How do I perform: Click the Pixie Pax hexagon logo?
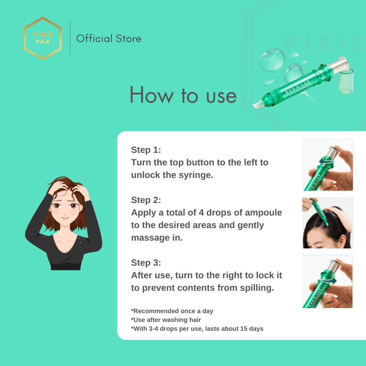pos(43,38)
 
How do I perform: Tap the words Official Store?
pos(109,39)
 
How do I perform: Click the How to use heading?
pos(183,95)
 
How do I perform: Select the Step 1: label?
pos(146,150)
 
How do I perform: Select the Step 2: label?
pos(146,200)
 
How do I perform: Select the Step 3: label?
pos(146,263)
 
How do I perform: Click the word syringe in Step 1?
pos(196,175)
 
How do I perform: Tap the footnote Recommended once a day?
pos(172,311)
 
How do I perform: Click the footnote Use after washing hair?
pos(166,320)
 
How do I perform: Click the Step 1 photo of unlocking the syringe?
pos(327,165)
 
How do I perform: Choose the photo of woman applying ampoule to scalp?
pos(327,223)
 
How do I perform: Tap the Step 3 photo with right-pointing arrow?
pos(327,281)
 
